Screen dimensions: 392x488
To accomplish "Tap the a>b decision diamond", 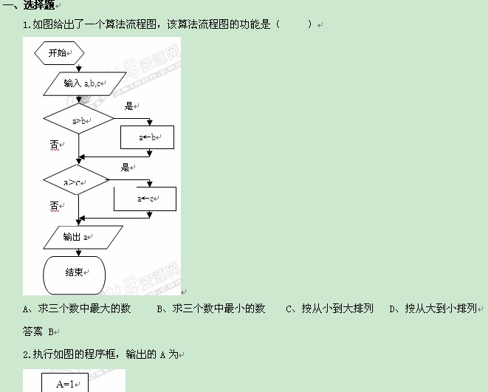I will pos(79,120).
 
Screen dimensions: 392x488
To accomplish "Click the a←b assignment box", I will pos(147,137).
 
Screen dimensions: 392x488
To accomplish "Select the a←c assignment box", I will pos(145,199).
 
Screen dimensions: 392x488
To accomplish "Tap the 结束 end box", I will pos(75,272).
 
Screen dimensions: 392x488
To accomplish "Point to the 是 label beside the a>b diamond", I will pos(130,107).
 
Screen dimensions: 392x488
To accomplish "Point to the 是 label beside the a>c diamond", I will pos(126,168).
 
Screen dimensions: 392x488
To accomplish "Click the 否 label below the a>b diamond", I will pos(54,145).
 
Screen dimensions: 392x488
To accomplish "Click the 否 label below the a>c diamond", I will pos(54,206).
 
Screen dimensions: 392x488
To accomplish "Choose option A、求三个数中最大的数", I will pos(77,309).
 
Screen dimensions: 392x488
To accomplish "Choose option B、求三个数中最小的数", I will pos(211,309).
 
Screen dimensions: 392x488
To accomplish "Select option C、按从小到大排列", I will pos(329,309).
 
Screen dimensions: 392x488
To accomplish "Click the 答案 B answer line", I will pos(41,331).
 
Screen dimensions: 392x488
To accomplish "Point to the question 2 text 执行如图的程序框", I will pos(100,354).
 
